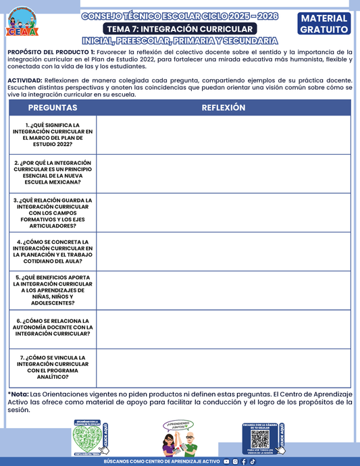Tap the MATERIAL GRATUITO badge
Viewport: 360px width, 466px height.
point(324,24)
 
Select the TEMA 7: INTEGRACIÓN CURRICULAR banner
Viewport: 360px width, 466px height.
point(180,29)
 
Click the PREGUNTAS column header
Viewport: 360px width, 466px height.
point(53,108)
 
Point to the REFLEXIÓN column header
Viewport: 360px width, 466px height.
point(224,108)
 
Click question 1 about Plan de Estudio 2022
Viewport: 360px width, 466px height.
point(53,134)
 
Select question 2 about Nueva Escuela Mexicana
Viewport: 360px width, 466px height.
point(53,172)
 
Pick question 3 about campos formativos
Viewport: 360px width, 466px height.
point(53,213)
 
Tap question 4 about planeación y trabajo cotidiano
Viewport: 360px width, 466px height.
point(53,251)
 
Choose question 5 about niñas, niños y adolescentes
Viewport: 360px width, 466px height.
point(53,290)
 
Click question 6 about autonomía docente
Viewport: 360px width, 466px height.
point(53,328)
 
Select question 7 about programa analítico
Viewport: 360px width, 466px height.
point(53,367)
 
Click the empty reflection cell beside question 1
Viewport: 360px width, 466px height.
point(224,134)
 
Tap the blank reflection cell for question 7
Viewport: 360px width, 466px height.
point(224,367)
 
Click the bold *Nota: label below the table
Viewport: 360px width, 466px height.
point(18,393)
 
